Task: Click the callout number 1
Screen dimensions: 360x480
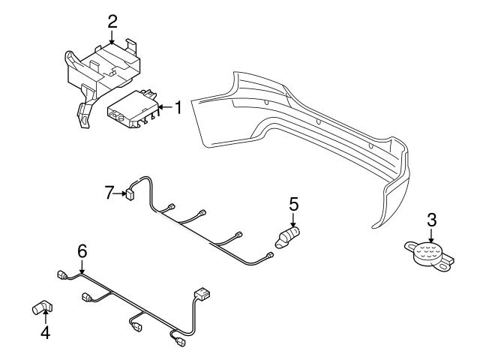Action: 178,108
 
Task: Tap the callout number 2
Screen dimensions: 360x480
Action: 112,20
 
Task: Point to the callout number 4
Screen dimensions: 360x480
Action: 45,331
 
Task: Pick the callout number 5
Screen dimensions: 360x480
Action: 293,202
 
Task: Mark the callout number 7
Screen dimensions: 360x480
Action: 110,193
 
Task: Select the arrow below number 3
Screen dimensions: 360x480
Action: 431,235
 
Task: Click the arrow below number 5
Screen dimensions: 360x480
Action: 293,219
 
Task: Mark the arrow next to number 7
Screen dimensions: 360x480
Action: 120,193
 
